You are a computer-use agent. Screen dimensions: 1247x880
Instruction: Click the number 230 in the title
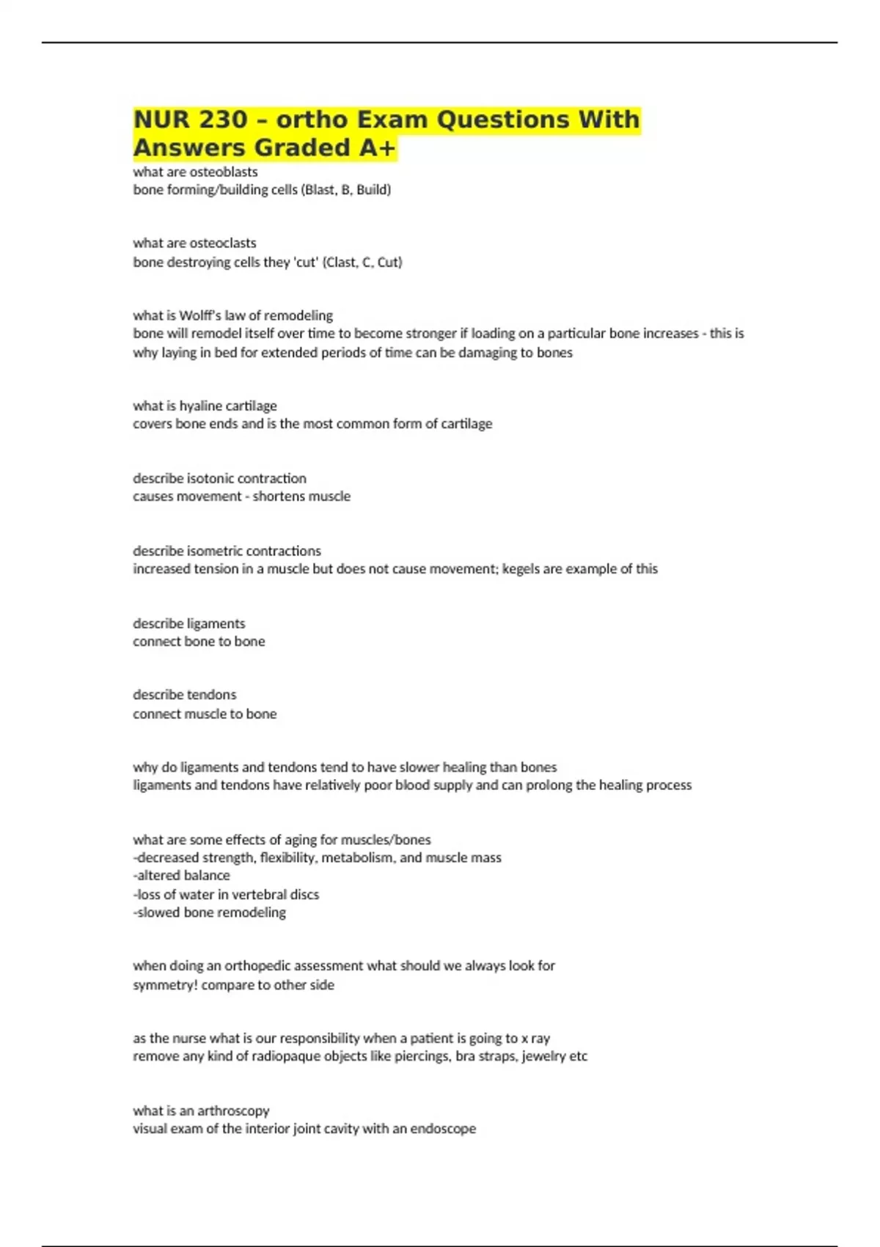[x=223, y=120]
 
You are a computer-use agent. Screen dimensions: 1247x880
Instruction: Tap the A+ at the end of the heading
[x=377, y=148]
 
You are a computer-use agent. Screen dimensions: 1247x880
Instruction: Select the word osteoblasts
[x=225, y=172]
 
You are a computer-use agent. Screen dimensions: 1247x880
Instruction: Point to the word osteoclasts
[x=224, y=243]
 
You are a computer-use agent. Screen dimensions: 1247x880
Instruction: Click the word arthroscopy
[x=233, y=1111]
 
